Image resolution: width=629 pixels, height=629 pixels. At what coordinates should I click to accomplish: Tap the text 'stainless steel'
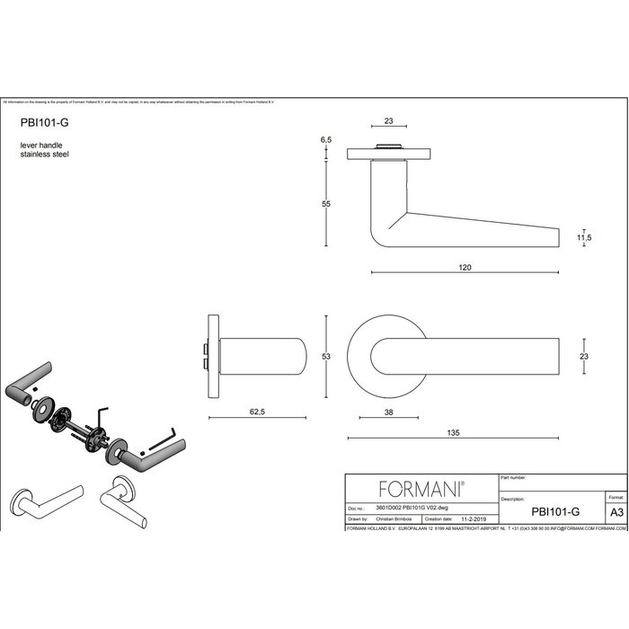coord(44,155)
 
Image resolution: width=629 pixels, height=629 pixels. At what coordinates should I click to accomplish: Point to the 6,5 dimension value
coord(325,141)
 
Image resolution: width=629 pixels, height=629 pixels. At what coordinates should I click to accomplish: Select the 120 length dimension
coord(465,268)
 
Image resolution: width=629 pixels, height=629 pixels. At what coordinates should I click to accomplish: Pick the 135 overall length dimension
coord(453,433)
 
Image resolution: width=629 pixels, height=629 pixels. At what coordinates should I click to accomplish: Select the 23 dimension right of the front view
coord(586,358)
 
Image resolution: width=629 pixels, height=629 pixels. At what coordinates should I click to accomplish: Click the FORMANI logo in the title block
coord(421,489)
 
